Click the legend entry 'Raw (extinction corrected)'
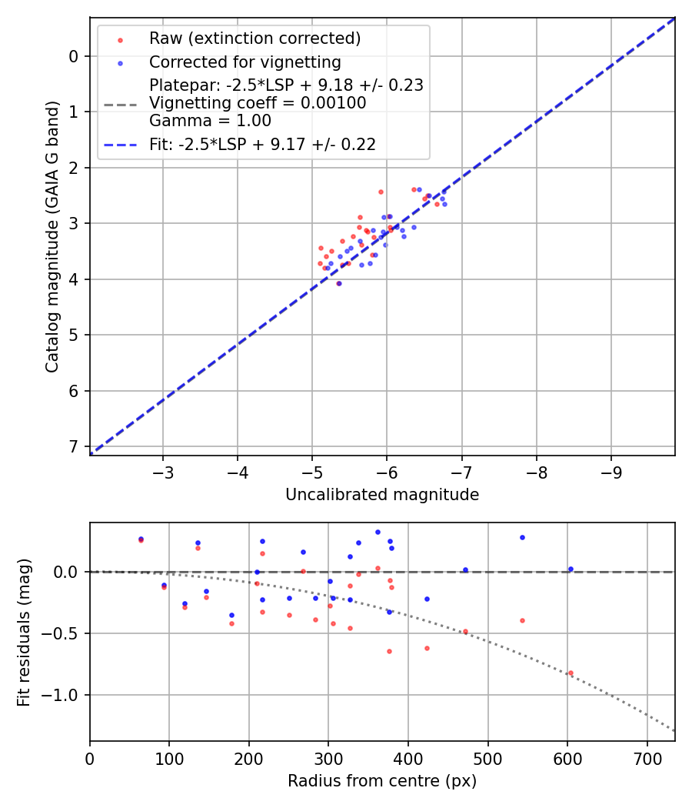pos(255,38)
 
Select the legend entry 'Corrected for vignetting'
pos(245,62)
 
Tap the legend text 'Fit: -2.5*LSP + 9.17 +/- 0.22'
pos(262,144)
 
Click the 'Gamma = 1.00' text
pos(198,121)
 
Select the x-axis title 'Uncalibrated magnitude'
pos(382,495)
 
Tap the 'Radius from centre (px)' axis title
pos(382,781)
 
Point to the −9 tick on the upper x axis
pos(611,469)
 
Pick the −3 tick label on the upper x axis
pos(162,469)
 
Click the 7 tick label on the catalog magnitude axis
pos(74,446)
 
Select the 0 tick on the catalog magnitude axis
pos(74,56)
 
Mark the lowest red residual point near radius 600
pos(571,673)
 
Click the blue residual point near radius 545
pos(522,537)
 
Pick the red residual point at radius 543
pos(522,620)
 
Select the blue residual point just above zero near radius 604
pos(571,569)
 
